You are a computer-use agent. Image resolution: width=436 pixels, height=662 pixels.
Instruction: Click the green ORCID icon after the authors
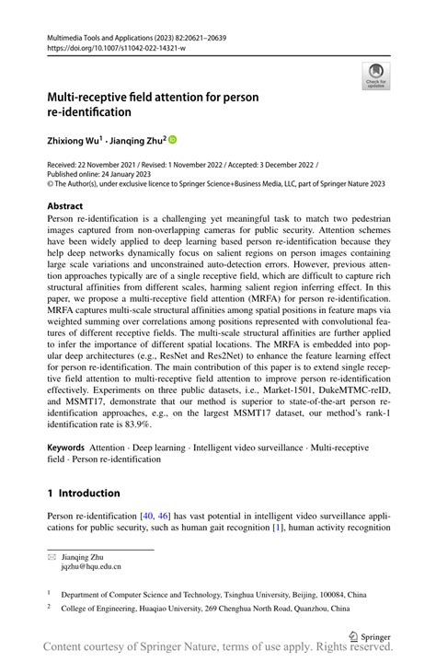pos(171,140)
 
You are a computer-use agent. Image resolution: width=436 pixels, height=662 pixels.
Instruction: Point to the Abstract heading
pos(65,206)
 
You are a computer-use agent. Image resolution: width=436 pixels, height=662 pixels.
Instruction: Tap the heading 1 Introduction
pos(84,493)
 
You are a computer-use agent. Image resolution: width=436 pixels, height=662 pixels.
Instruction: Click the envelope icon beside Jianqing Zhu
pos(52,557)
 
